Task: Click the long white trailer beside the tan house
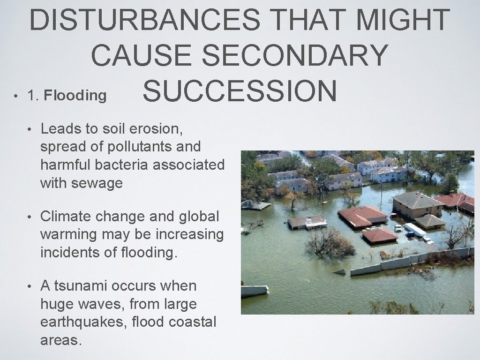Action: [x=414, y=230]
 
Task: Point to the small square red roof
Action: [x=379, y=235]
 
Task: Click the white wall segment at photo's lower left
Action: [x=255, y=291]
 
